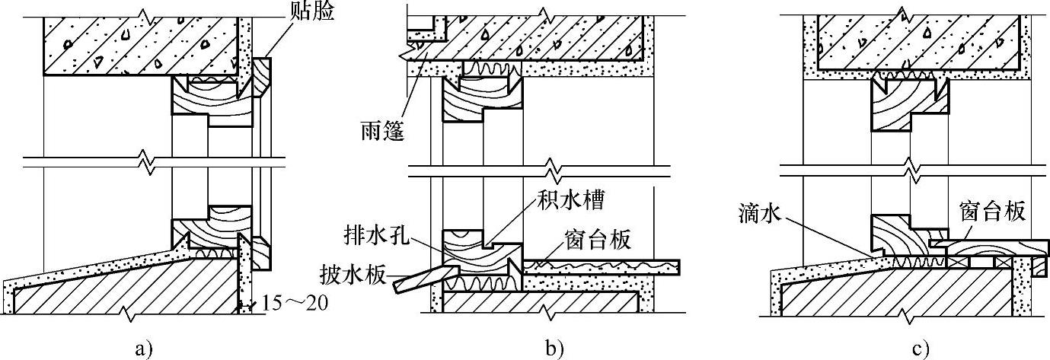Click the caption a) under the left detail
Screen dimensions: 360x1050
click(143, 349)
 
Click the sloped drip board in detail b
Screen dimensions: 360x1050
click(417, 276)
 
